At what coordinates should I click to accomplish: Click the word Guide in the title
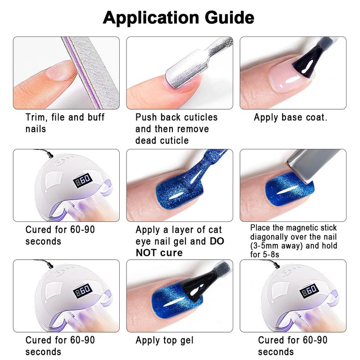click(229, 18)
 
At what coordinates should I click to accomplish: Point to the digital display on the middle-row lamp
click(82, 181)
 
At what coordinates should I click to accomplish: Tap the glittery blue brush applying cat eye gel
click(197, 171)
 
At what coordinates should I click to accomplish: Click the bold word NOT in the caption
click(147, 253)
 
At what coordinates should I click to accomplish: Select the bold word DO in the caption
click(216, 241)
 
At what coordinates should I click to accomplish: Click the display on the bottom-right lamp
click(309, 291)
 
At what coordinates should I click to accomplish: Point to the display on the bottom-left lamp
click(82, 291)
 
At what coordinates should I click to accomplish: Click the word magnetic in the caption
click(298, 228)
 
